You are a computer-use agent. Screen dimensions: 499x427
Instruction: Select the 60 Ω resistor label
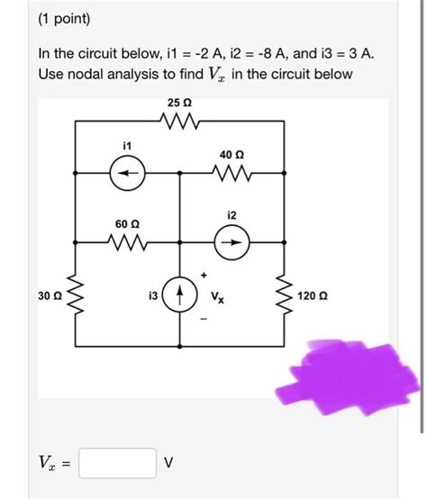click(x=126, y=222)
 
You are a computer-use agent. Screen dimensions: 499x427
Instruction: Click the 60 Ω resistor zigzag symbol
click(x=126, y=240)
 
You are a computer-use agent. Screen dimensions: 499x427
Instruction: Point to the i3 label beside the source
click(x=152, y=295)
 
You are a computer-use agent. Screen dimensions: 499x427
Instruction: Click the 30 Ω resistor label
click(x=50, y=295)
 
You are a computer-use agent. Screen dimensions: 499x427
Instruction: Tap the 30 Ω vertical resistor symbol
click(x=75, y=295)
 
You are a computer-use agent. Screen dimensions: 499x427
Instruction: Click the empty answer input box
click(x=117, y=464)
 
